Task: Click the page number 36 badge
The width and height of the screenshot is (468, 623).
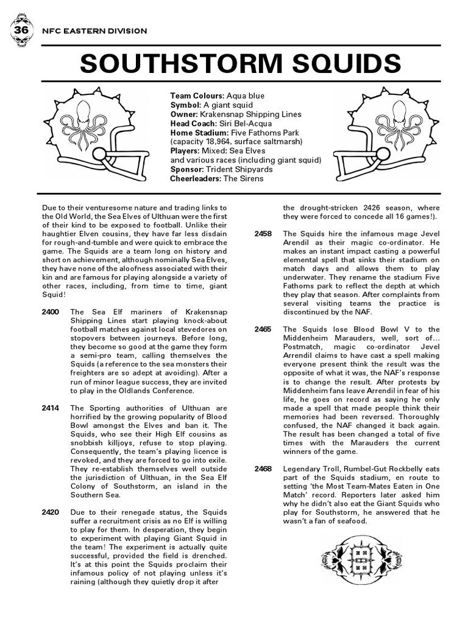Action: pyautogui.click(x=21, y=30)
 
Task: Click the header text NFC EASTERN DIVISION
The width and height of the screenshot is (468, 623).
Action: pyautogui.click(x=93, y=30)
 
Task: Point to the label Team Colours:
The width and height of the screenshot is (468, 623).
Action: pyautogui.click(x=197, y=96)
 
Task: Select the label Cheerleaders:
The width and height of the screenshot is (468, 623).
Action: pyautogui.click(x=196, y=178)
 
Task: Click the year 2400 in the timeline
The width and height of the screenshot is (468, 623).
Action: pyautogui.click(x=51, y=311)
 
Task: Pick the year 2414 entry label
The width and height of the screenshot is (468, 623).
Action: pyautogui.click(x=51, y=408)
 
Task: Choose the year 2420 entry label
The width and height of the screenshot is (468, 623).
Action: pyautogui.click(x=51, y=512)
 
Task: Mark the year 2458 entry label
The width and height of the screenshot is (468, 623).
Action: pyautogui.click(x=263, y=234)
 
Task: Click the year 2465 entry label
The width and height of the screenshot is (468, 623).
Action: pyautogui.click(x=263, y=329)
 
